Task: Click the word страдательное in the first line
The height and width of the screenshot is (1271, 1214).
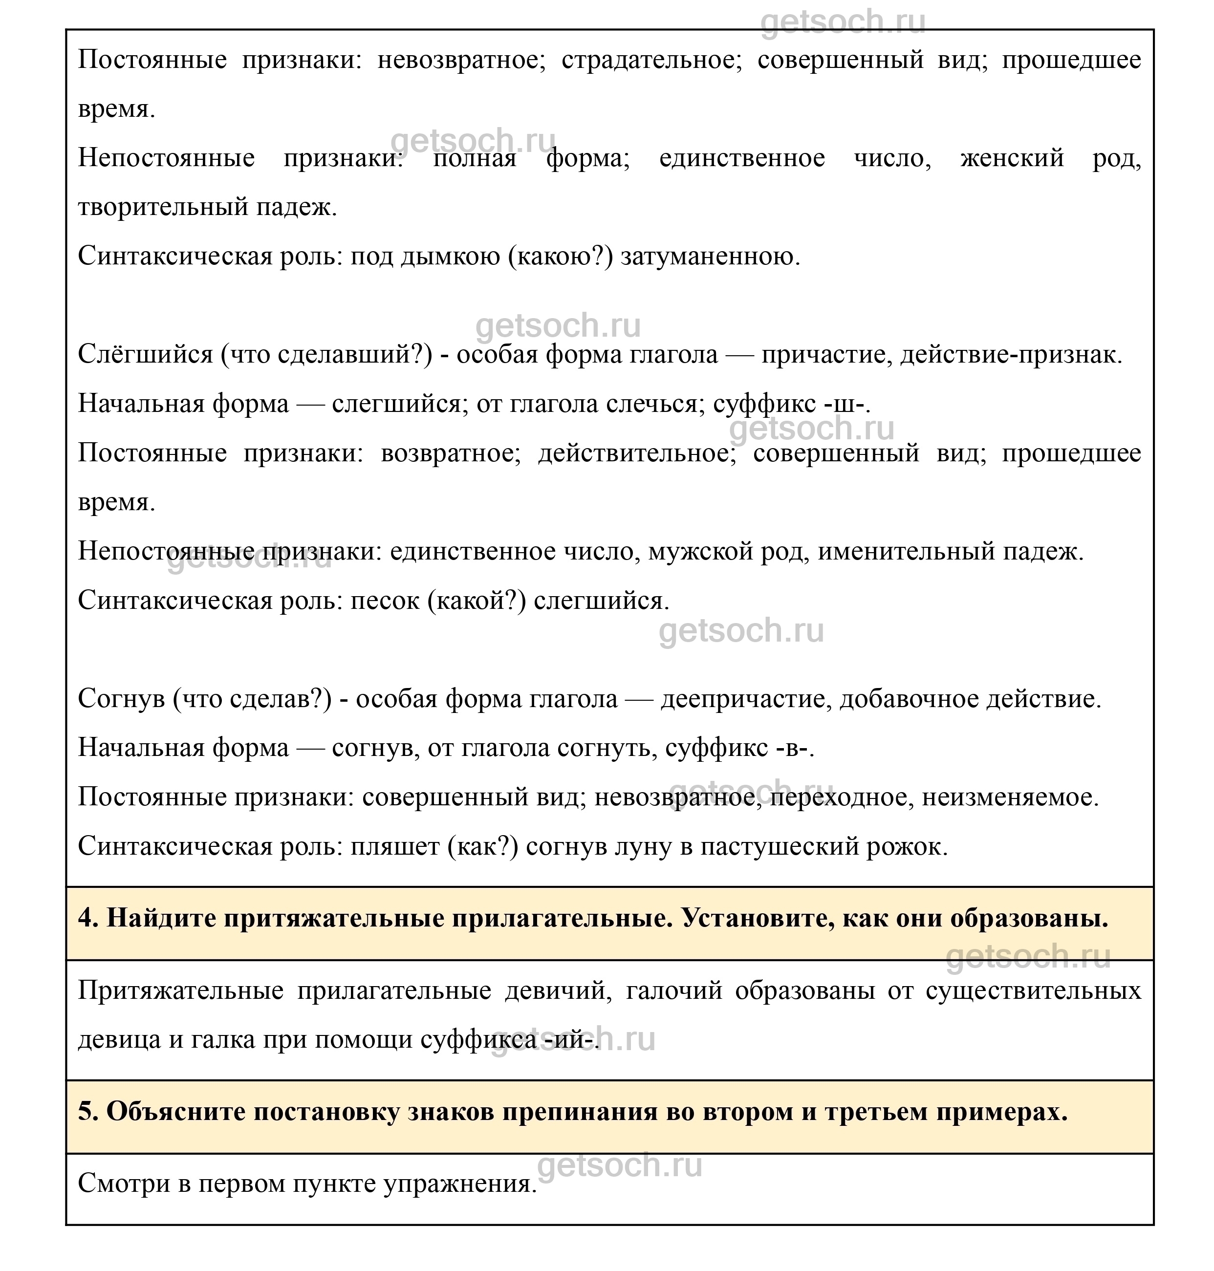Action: [x=651, y=60]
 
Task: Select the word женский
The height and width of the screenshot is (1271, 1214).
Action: [x=1012, y=158]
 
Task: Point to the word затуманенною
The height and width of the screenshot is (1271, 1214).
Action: [x=710, y=257]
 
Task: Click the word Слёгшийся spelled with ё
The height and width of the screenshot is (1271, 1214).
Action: [x=145, y=355]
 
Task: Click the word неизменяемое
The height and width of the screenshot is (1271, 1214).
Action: [x=1010, y=798]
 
